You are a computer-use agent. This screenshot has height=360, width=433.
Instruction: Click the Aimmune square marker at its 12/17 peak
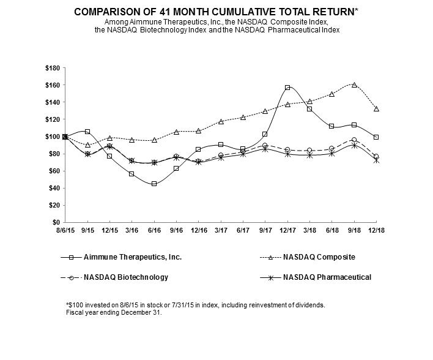point(287,88)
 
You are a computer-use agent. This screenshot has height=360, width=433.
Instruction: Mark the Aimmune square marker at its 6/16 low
point(154,184)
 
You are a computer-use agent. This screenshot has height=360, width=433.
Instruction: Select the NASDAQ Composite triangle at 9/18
point(354,85)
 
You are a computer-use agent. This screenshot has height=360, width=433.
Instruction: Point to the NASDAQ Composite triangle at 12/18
point(376,109)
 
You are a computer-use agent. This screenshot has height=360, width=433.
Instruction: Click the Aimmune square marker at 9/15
point(87,132)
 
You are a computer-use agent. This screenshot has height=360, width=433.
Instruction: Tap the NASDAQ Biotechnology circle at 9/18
point(354,140)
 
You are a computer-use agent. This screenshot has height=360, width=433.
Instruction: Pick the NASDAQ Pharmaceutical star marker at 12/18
point(376,160)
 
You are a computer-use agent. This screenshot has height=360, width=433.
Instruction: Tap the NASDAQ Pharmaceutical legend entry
point(327,277)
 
